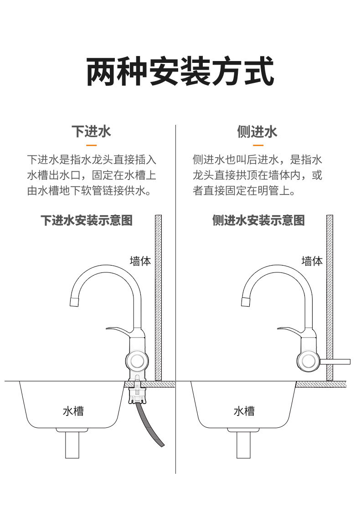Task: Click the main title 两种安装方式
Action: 180,72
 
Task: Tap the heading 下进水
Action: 91,132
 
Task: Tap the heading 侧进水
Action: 257,132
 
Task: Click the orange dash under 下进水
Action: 91,145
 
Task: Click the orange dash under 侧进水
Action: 257,145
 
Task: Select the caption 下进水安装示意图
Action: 87,221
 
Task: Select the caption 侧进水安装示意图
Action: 258,221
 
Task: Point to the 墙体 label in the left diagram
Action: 140,262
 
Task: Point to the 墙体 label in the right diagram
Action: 312,261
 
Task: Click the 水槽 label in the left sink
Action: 73,411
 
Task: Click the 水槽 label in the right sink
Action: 244,411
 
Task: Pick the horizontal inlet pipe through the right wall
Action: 335,362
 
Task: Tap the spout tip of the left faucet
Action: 74,301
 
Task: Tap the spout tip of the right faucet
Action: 246,301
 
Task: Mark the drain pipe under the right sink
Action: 244,445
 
